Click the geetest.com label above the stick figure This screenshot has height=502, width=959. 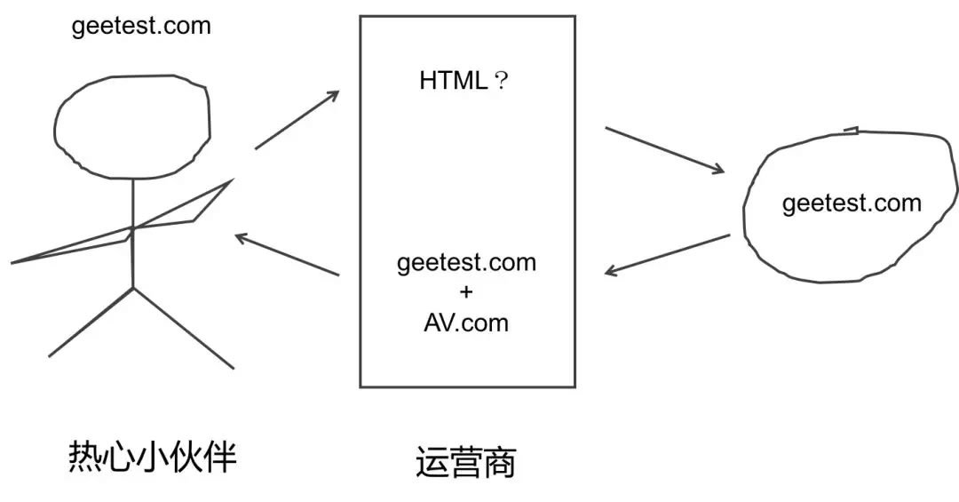point(141,25)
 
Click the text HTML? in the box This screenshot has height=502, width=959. point(464,81)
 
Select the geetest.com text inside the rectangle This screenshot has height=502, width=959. point(467,263)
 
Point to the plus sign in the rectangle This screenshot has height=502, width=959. point(467,292)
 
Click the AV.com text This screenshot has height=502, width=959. point(467,322)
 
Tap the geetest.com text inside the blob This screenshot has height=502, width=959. point(852,203)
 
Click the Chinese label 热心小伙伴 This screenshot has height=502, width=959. point(153,458)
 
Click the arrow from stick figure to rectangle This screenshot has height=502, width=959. point(297,120)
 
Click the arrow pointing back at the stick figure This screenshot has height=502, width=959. point(287,255)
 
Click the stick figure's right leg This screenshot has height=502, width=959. point(183,327)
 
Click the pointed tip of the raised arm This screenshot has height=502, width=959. point(231,180)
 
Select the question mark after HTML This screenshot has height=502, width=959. point(501,82)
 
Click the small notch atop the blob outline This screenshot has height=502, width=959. point(851,131)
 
